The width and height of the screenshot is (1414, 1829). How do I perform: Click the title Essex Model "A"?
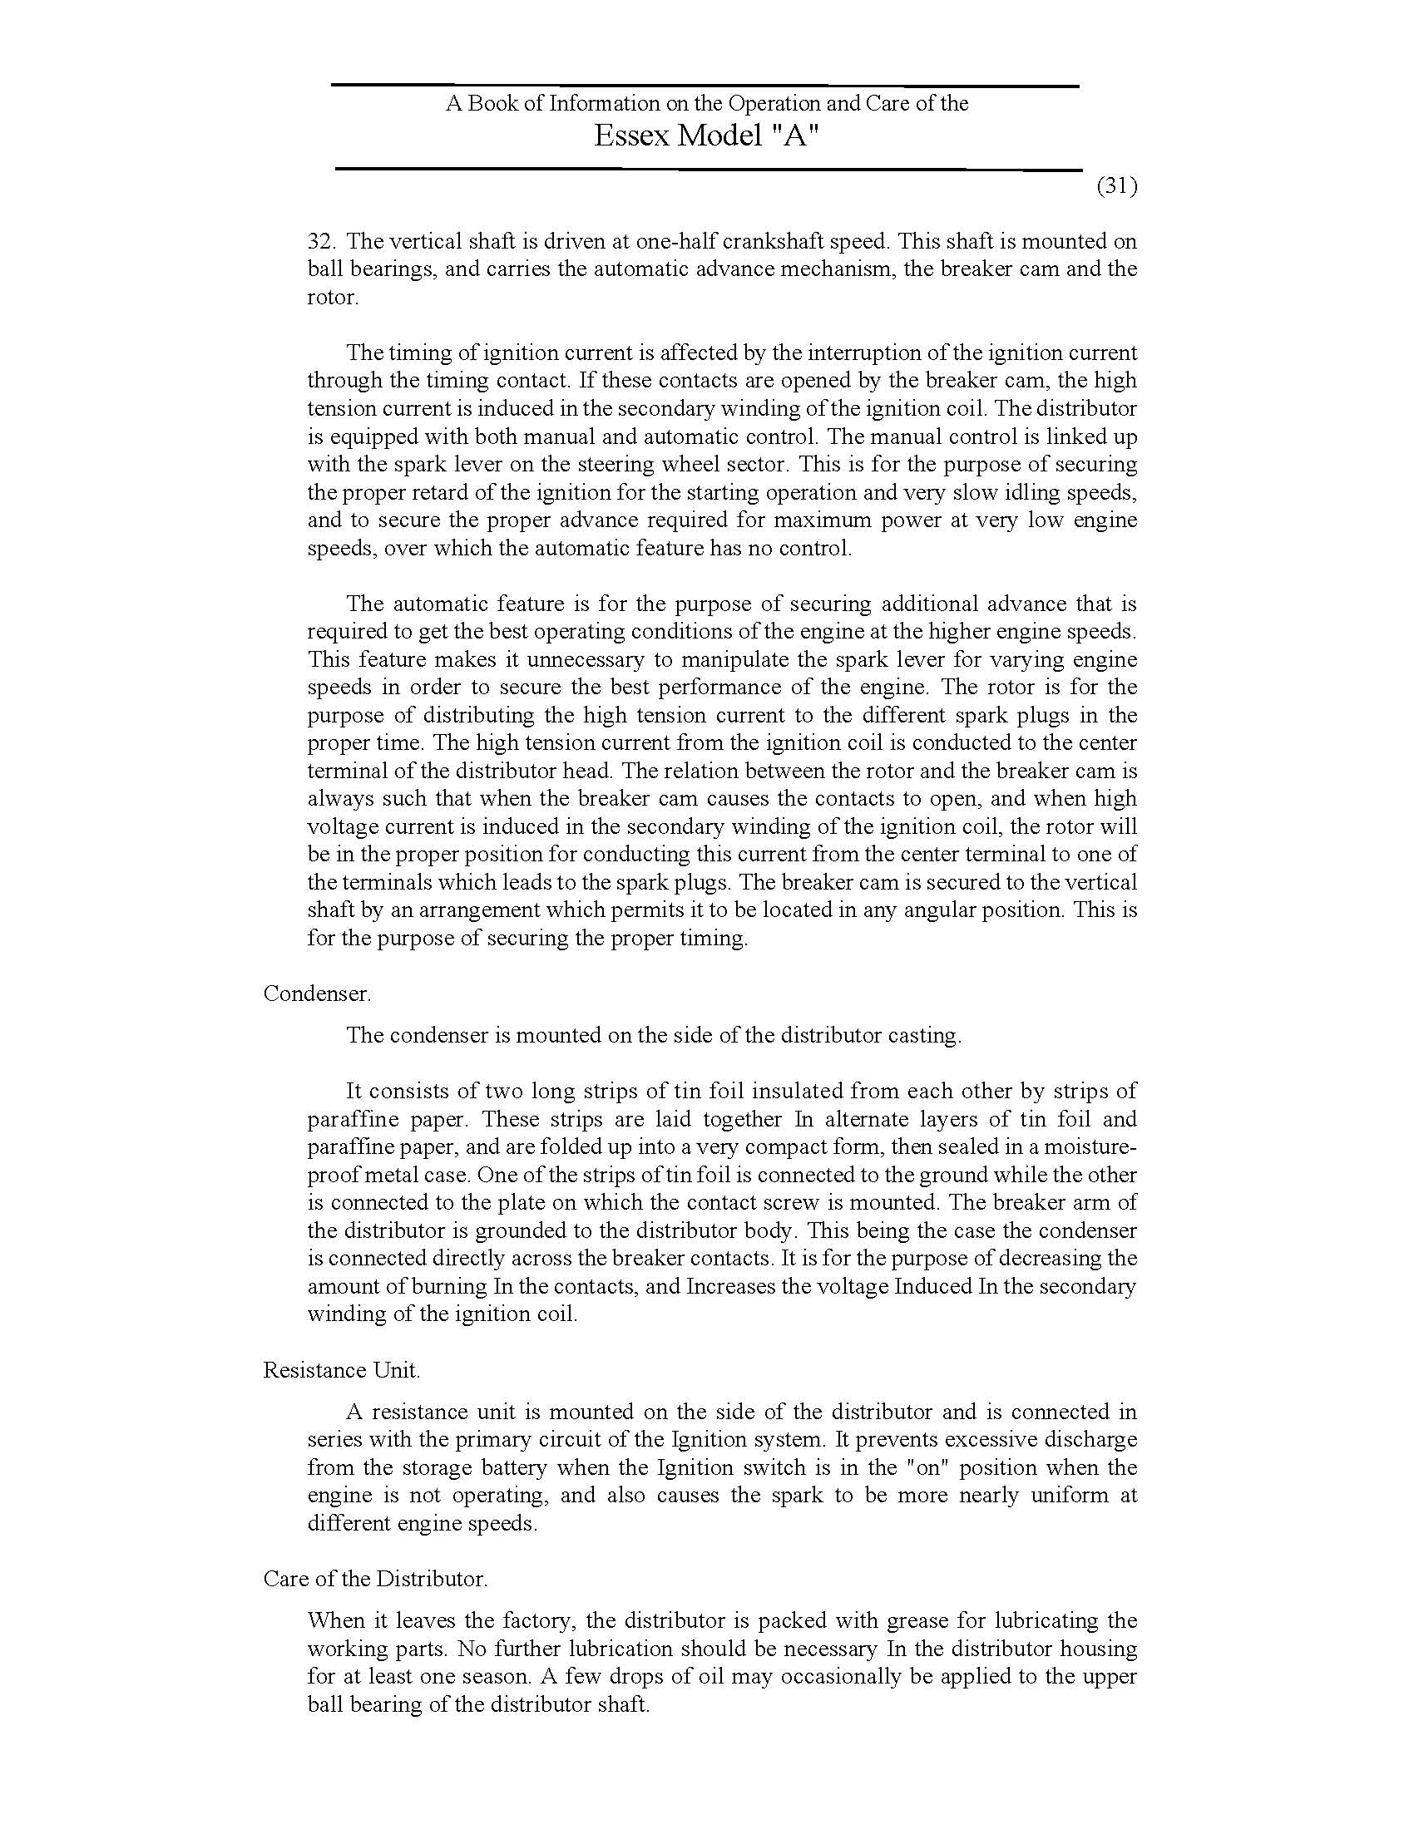click(x=705, y=136)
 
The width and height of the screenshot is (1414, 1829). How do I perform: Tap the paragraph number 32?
click(x=322, y=241)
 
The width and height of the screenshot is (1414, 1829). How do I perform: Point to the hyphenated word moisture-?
click(x=1090, y=1146)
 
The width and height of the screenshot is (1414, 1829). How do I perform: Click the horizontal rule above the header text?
click(x=705, y=86)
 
